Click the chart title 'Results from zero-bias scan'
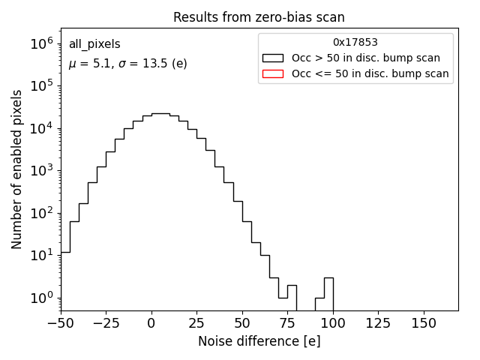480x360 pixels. tap(259, 17)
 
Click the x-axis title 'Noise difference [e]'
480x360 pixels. tap(259, 341)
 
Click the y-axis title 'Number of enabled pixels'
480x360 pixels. tap(16, 169)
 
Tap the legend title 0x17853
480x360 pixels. tap(355, 42)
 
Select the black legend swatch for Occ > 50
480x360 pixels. tap(273, 58)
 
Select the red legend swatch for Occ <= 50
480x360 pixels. tap(273, 73)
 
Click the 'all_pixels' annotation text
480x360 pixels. tap(94, 44)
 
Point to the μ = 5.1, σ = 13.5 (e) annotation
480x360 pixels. tap(127, 64)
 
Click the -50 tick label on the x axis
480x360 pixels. tap(61, 323)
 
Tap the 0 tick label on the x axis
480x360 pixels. tap(151, 323)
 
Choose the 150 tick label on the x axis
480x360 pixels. tap(424, 323)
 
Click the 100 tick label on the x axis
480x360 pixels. tap(333, 323)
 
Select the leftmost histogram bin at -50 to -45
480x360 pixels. tap(65, 281)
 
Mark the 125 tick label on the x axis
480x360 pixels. tap(379, 323)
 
